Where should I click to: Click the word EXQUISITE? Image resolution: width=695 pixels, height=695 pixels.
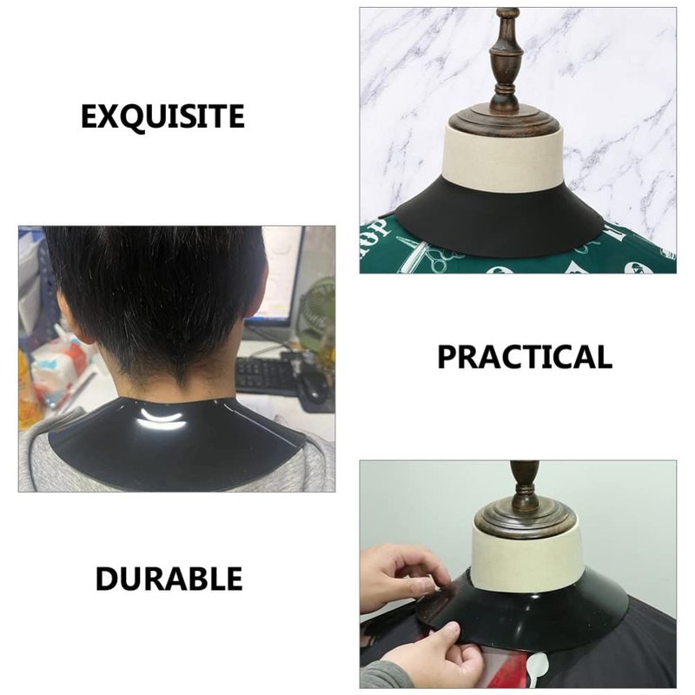coord(162,116)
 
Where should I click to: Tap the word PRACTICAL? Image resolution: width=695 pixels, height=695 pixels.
coord(525,357)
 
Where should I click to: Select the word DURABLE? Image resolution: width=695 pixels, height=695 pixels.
coord(169,579)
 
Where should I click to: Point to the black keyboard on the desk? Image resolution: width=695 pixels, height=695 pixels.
coord(266,374)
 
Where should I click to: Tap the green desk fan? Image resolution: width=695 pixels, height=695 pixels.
coord(317,310)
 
